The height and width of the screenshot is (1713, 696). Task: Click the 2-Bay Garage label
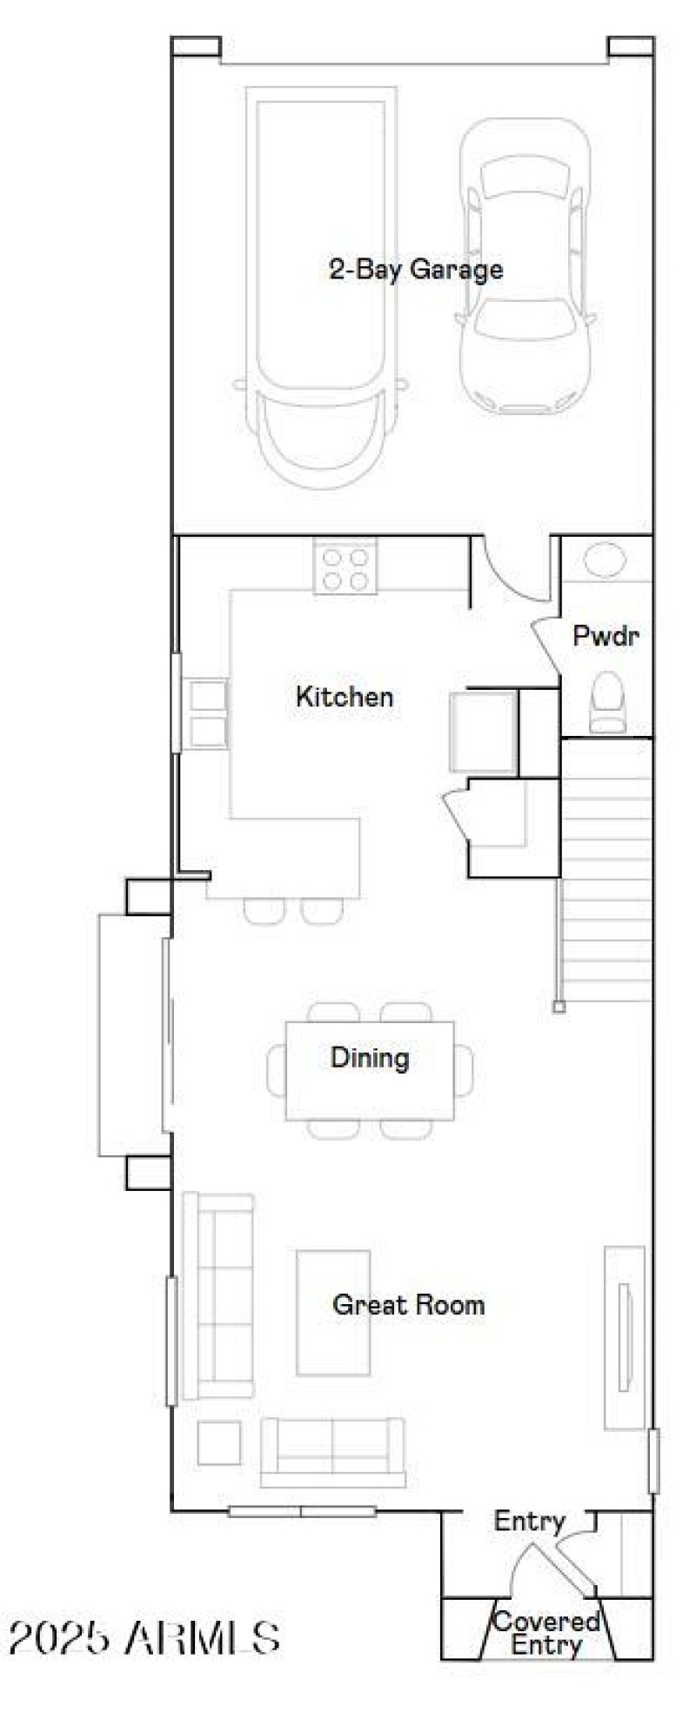click(x=416, y=270)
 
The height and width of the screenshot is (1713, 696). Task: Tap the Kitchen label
click(x=345, y=696)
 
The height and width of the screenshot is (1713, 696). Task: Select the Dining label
click(x=370, y=1058)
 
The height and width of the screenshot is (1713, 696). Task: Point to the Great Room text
click(x=408, y=1304)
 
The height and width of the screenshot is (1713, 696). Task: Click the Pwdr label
click(x=606, y=636)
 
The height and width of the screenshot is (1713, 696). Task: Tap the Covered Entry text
click(x=546, y=1633)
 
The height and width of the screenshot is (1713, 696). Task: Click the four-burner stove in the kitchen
click(x=345, y=567)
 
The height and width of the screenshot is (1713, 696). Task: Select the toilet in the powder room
click(x=606, y=702)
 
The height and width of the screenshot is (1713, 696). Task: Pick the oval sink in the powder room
click(x=605, y=559)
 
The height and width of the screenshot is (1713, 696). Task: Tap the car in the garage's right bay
click(x=525, y=265)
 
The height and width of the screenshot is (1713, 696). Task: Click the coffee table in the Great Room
click(x=333, y=1313)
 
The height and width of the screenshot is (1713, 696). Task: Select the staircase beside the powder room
click(x=606, y=870)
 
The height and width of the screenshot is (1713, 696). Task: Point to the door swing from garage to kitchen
click(x=512, y=570)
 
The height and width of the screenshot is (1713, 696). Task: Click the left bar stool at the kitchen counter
click(x=264, y=910)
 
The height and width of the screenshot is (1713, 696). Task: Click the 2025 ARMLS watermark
click(x=144, y=1638)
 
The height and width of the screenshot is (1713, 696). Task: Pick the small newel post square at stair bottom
click(x=559, y=1007)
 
